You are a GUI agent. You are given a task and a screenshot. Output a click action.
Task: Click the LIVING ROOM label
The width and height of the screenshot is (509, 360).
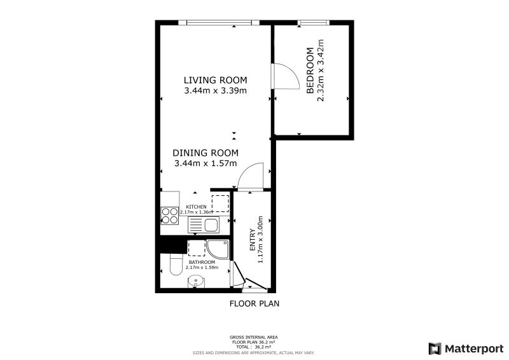click(215, 80)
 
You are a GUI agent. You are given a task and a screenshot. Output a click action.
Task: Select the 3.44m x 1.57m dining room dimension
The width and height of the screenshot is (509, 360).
click(206, 163)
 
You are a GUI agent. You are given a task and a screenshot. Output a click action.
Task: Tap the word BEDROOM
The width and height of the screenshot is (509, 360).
click(310, 71)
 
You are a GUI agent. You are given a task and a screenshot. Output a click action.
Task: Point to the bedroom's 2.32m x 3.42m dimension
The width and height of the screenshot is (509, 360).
click(321, 71)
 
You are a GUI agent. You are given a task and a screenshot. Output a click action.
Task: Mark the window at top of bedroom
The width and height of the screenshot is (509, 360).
click(314, 22)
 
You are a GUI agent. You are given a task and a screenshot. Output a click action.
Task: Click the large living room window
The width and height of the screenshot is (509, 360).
click(219, 22)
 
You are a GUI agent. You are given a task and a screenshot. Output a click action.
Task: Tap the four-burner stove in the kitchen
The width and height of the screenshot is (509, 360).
click(170, 216)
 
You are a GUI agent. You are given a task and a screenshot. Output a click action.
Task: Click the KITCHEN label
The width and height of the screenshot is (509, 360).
click(196, 207)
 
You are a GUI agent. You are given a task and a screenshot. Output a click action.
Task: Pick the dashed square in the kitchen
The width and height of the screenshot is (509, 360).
click(220, 204)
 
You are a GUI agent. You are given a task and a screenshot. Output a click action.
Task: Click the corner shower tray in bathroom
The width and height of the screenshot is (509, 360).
click(218, 249)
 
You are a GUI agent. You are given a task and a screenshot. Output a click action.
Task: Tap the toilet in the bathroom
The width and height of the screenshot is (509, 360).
click(176, 264)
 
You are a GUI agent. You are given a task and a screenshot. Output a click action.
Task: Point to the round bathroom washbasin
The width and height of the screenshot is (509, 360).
click(196, 280)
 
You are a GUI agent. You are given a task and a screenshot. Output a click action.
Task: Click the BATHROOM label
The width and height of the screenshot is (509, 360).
click(202, 262)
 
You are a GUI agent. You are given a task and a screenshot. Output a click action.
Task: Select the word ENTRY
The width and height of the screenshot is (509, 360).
click(252, 240)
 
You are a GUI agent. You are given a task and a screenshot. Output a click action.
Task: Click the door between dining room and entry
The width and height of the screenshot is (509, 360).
click(250, 176)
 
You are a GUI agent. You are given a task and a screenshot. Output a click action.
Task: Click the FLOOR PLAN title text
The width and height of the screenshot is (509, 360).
click(254, 303)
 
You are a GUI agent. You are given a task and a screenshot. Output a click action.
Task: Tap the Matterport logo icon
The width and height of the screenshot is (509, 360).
click(435, 349)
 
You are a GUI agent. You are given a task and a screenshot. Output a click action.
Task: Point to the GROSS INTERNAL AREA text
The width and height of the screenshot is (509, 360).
click(253, 337)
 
